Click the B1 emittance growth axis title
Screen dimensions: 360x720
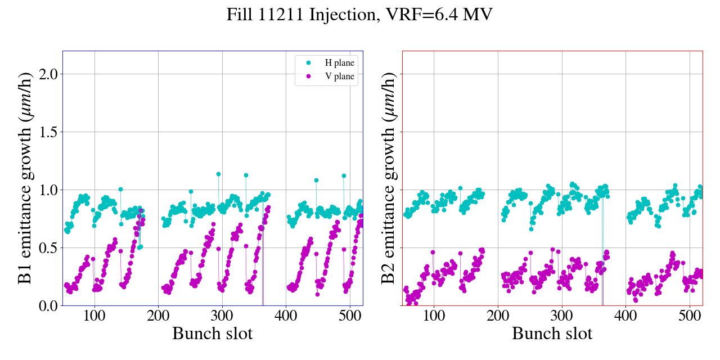pos(24,178)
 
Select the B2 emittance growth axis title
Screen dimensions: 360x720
pos(388,178)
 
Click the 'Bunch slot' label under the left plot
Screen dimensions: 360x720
pos(213,334)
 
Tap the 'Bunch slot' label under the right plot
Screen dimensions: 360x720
pos(552,334)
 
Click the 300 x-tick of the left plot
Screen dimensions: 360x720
pos(222,316)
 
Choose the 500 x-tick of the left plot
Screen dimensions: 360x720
pos(350,316)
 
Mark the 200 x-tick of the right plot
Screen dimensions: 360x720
pos(498,316)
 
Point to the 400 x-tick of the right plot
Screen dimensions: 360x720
pos(625,316)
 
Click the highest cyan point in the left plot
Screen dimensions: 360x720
pos(218,174)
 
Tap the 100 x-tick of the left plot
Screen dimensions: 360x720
pos(94,316)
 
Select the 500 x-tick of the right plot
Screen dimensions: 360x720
pos(690,316)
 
